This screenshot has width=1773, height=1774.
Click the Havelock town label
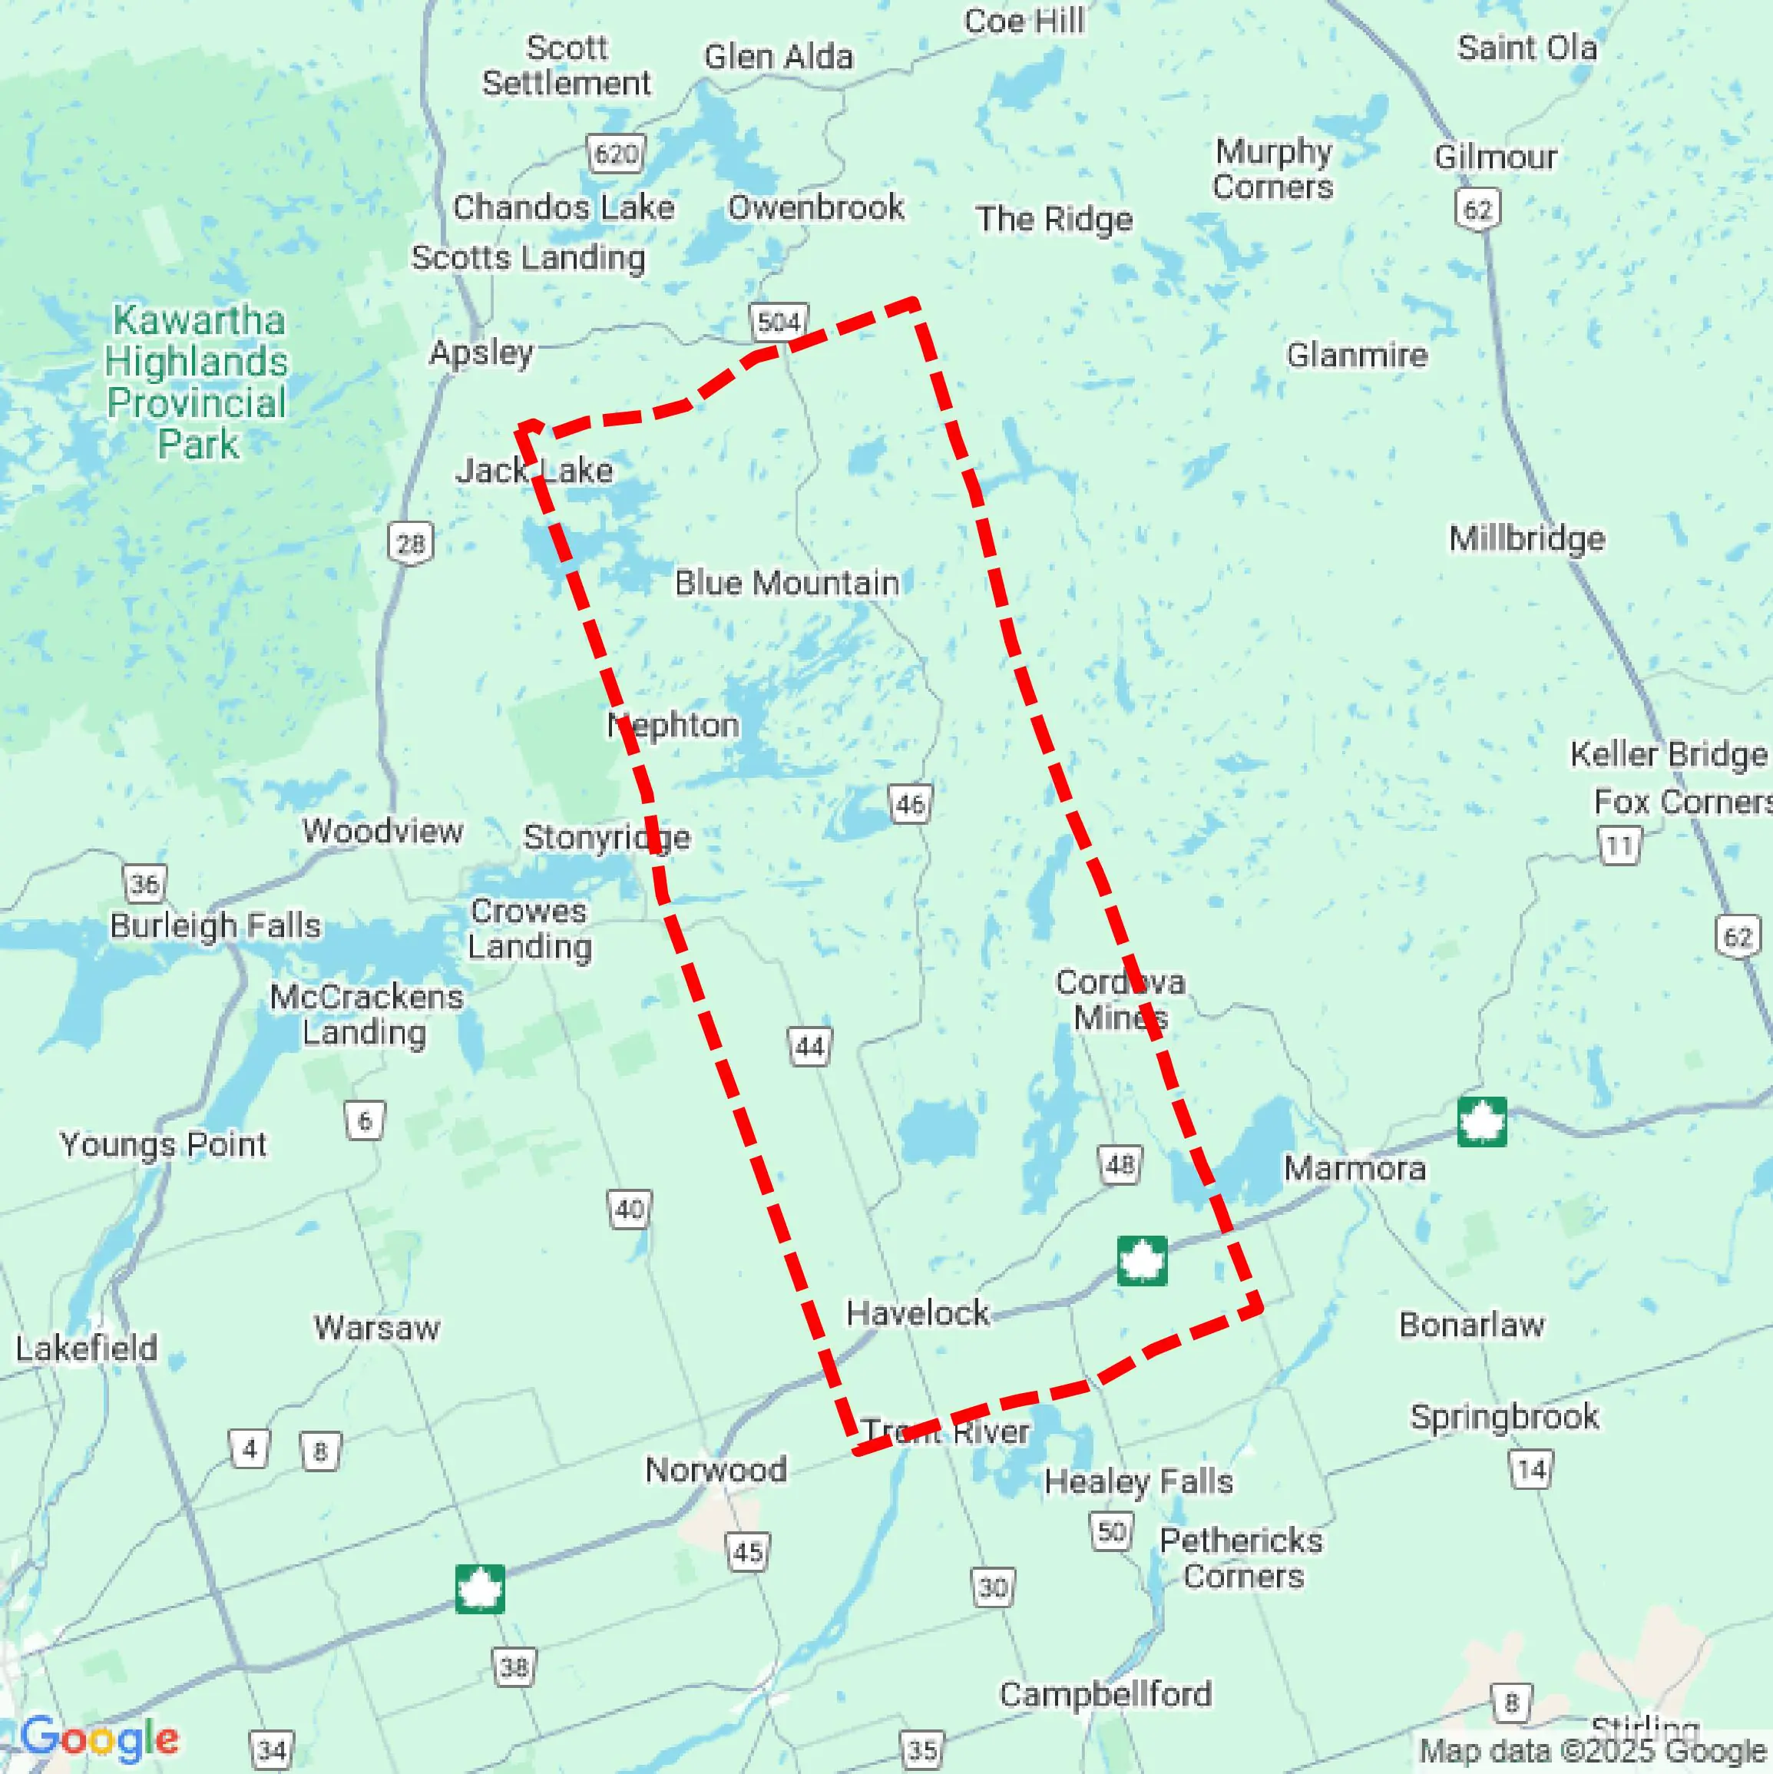(918, 1313)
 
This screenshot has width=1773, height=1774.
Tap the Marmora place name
(1355, 1169)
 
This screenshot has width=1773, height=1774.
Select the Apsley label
(481, 352)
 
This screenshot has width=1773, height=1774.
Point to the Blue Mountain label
(786, 583)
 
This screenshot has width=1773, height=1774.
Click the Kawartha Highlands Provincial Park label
(197, 382)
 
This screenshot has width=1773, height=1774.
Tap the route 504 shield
(779, 323)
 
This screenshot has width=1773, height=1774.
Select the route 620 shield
(615, 154)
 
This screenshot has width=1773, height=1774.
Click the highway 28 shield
(409, 544)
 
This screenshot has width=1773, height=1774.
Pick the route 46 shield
(910, 804)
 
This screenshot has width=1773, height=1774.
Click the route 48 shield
(1120, 1165)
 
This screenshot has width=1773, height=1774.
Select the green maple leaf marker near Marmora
(1481, 1122)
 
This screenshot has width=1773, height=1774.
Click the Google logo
(99, 1738)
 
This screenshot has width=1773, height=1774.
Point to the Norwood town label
(715, 1470)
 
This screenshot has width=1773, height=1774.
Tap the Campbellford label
(1106, 1694)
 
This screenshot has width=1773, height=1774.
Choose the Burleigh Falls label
(216, 925)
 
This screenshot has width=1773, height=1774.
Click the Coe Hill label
(1024, 22)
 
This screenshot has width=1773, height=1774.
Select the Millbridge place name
(1527, 538)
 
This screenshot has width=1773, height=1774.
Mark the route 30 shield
(993, 1587)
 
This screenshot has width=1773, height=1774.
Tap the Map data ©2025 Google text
(1593, 1751)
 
